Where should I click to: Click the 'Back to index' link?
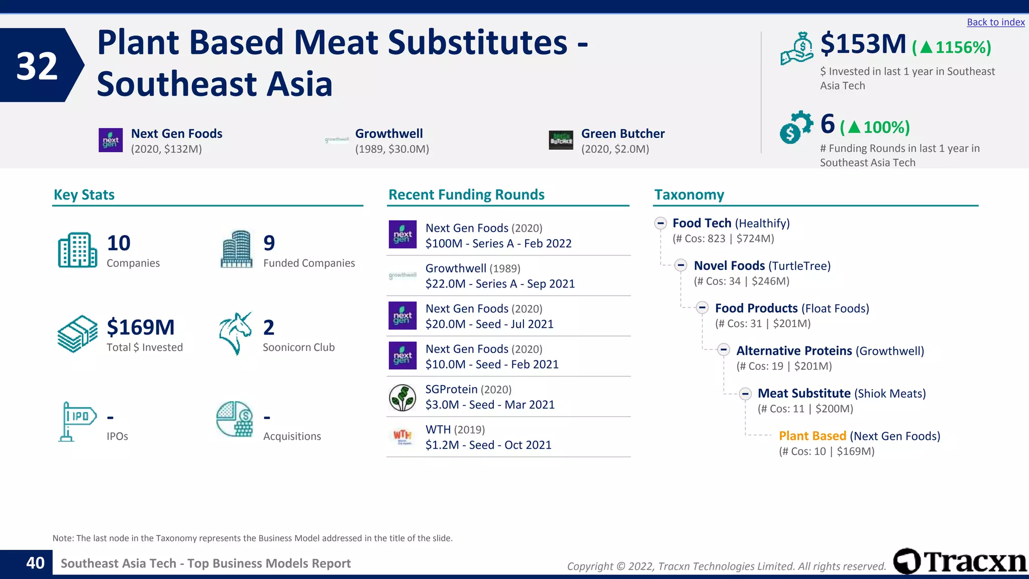(x=995, y=22)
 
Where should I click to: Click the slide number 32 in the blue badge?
(x=37, y=66)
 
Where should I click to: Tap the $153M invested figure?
(x=863, y=44)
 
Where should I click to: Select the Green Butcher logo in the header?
(x=561, y=140)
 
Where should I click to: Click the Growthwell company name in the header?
(x=389, y=134)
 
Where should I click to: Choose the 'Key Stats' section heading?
(x=84, y=195)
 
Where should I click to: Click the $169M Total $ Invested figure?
(x=141, y=327)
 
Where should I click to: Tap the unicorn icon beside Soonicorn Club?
(x=235, y=333)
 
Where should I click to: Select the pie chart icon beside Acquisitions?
(x=235, y=419)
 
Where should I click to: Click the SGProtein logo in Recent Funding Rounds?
(x=402, y=398)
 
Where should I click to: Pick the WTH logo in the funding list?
(x=402, y=437)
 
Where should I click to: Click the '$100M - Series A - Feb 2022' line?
(x=498, y=244)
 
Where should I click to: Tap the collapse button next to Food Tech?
(x=660, y=223)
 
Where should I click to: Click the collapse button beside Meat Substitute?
(x=745, y=394)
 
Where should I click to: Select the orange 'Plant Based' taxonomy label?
(x=812, y=436)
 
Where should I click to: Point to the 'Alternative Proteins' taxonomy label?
(x=794, y=351)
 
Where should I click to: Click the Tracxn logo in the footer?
(x=960, y=561)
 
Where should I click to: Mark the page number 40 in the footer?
(x=35, y=563)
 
